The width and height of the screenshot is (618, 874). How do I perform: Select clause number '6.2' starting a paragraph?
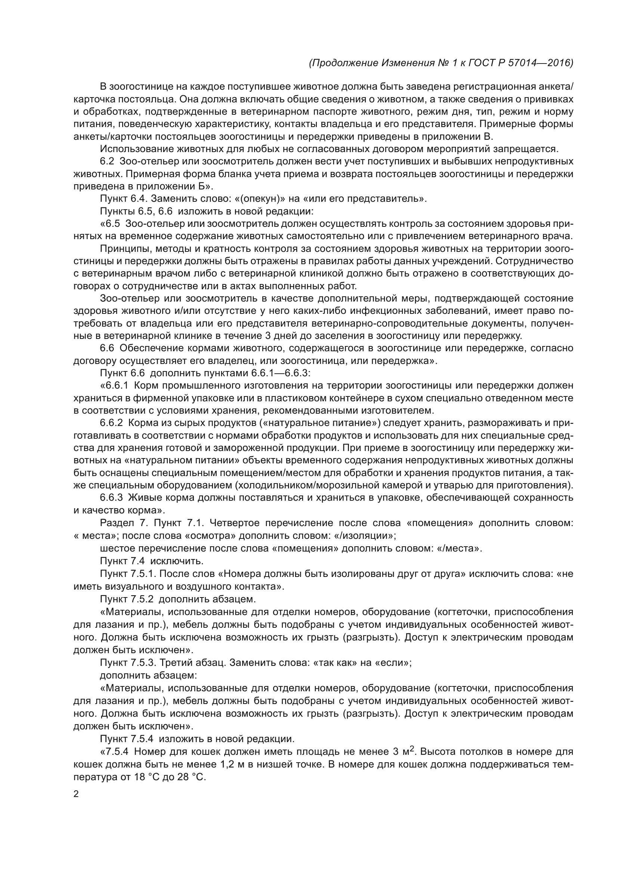pos(107,161)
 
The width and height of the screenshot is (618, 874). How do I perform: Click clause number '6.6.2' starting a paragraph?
pos(111,423)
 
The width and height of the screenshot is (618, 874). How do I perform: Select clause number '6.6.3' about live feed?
pos(111,497)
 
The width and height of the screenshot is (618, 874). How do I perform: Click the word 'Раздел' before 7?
pos(114,523)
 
